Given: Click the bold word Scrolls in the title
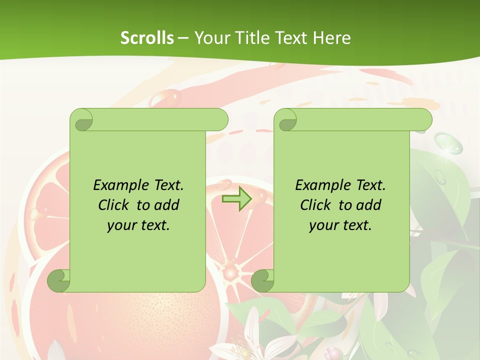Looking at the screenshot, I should tap(147, 37).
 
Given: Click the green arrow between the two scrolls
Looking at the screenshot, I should tap(236, 199).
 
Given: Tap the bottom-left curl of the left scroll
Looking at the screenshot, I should tap(58, 280).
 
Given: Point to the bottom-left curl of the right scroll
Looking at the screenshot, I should tap(262, 280).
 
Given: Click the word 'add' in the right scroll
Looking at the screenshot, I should tap(367, 205).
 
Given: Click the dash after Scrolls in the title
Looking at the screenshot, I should tap(183, 37).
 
